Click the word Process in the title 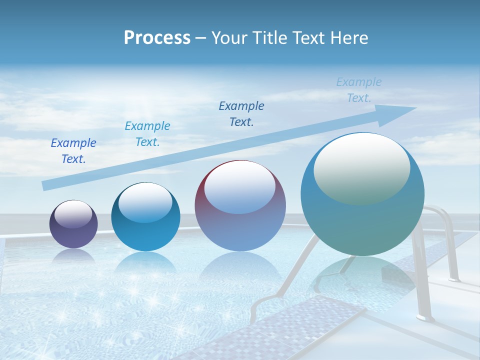tap(157, 37)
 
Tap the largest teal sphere tap(362, 220)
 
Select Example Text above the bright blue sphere tap(147, 134)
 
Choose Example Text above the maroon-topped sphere tap(241, 113)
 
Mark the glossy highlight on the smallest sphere tap(73, 214)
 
